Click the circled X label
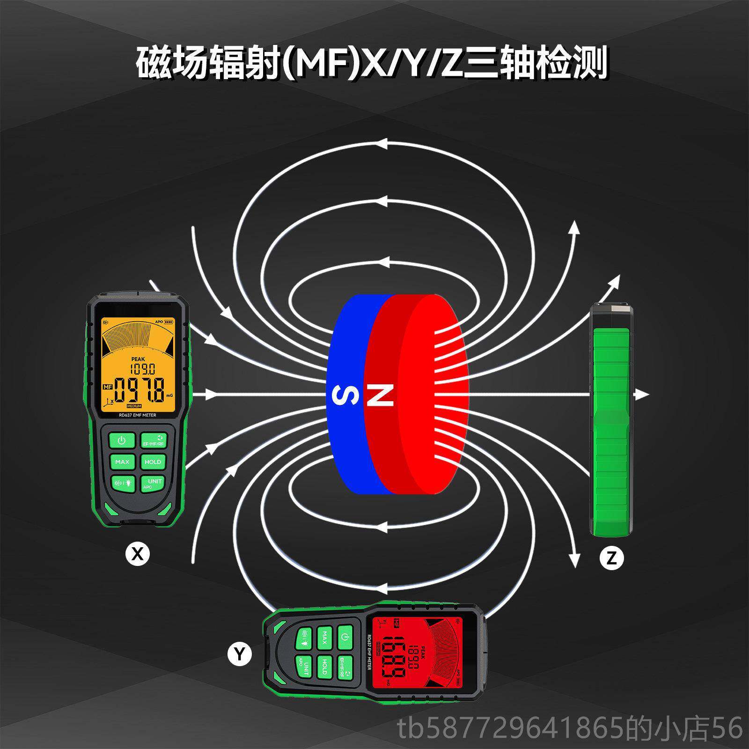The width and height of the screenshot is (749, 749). (137, 554)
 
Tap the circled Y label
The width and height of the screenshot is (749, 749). (240, 654)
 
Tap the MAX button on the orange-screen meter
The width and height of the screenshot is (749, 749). (122, 462)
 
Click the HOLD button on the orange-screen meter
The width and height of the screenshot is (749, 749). (153, 462)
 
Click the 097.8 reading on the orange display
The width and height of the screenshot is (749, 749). (140, 390)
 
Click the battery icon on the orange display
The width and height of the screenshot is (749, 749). (168, 322)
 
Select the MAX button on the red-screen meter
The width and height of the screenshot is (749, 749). (324, 637)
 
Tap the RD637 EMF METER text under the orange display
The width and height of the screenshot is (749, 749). (137, 415)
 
